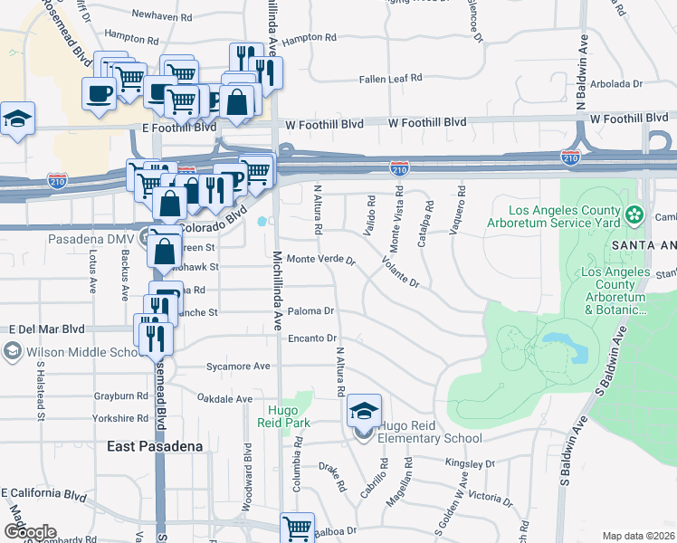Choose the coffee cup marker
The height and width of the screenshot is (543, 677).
99,93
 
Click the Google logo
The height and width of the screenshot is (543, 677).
29,532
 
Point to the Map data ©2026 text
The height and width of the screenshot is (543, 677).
638,536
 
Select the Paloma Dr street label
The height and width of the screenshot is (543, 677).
312,311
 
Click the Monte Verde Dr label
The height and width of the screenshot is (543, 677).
320,260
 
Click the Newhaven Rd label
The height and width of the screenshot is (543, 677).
162,15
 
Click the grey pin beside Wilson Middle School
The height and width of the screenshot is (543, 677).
13,351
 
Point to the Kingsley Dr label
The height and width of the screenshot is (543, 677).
470,463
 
